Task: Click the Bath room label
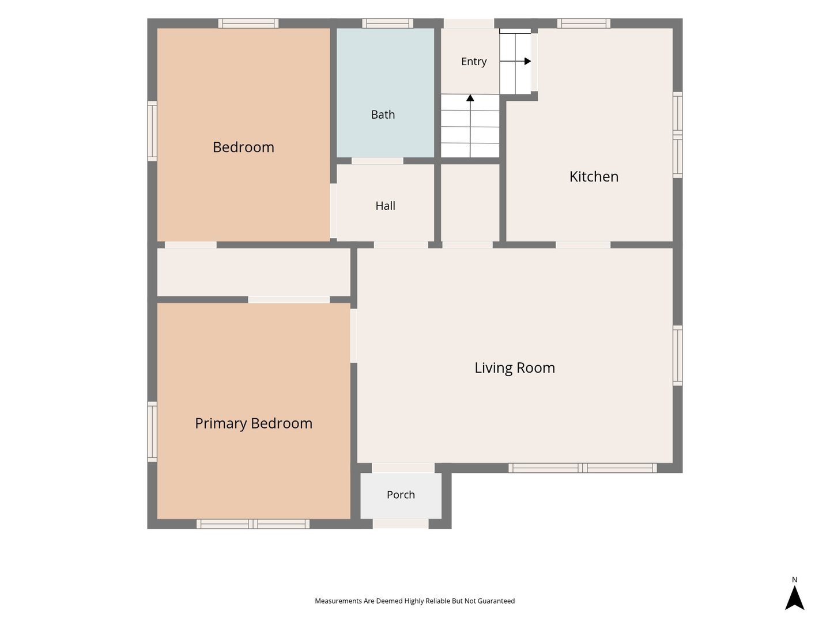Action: click(383, 115)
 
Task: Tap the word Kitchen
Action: click(594, 177)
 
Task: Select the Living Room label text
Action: click(514, 368)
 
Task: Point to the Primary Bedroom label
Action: click(254, 423)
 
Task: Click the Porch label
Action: click(401, 495)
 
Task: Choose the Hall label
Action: click(386, 206)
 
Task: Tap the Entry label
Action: click(473, 62)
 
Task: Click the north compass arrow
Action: click(794, 598)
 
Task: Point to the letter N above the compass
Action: click(794, 580)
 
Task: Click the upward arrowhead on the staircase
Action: click(470, 98)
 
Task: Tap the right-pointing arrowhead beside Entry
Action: click(527, 61)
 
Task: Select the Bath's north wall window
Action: click(387, 24)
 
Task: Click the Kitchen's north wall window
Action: click(583, 24)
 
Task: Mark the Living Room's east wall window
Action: click(678, 355)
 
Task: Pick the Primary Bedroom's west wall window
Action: click(152, 432)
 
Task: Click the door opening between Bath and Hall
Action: click(378, 161)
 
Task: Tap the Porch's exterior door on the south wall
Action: click(401, 524)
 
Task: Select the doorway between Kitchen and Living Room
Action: click(583, 245)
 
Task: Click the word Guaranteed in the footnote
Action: click(496, 601)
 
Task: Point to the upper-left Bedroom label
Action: click(243, 147)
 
